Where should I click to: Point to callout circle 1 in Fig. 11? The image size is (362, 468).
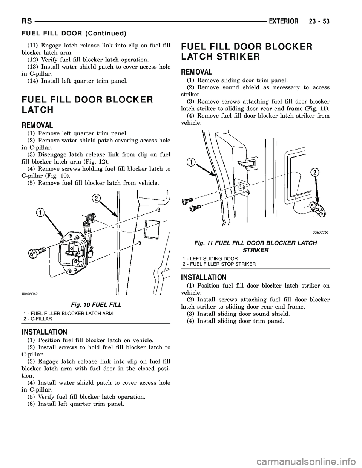(192, 162)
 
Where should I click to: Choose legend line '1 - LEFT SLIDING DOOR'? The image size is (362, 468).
(210, 258)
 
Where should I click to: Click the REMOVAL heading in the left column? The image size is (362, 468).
(38, 125)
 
